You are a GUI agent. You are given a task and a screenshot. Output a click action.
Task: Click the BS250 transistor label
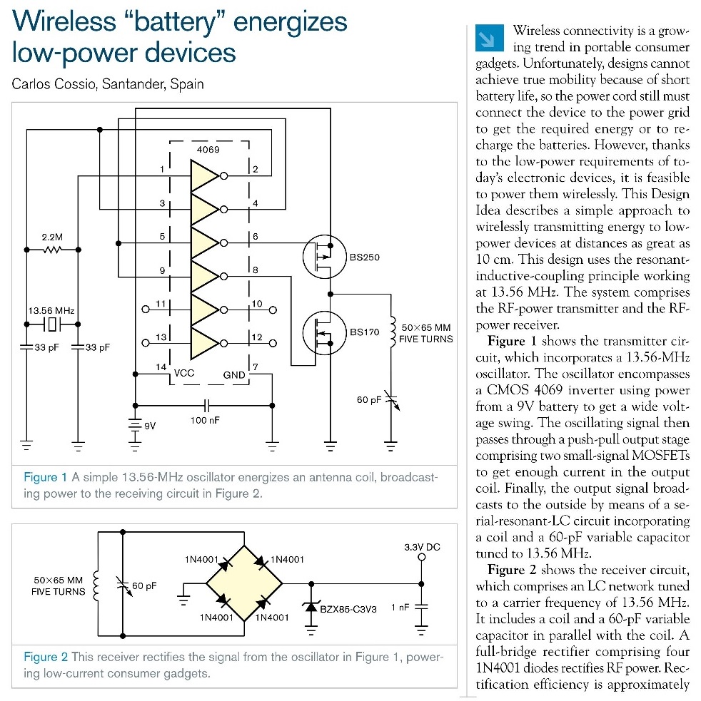pyautogui.click(x=364, y=257)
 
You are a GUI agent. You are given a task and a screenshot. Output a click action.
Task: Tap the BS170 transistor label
pyautogui.click(x=364, y=332)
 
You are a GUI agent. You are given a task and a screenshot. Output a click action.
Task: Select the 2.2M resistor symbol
pyautogui.click(x=52, y=250)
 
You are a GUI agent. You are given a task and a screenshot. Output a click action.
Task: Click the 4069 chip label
pyautogui.click(x=208, y=150)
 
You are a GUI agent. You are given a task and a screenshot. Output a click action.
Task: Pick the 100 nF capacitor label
pyautogui.click(x=206, y=420)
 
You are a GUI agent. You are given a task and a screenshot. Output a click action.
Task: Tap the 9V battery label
pyautogui.click(x=150, y=426)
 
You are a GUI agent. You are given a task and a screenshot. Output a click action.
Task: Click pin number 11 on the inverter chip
pyautogui.click(x=161, y=305)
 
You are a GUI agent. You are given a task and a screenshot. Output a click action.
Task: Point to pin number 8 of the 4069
pyautogui.click(x=255, y=270)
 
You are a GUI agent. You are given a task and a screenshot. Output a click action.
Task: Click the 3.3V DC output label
pyautogui.click(x=422, y=547)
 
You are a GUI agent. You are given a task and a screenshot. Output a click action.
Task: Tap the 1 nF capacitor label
pyautogui.click(x=400, y=607)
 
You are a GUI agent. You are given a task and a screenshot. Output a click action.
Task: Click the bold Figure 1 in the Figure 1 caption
pyautogui.click(x=45, y=476)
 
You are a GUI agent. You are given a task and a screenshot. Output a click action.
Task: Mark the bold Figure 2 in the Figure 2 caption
pyautogui.click(x=46, y=657)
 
